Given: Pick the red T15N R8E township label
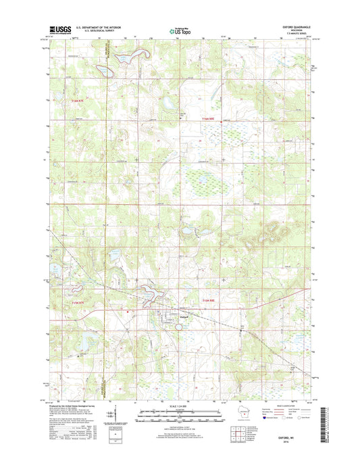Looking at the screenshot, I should [x=211, y=300].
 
